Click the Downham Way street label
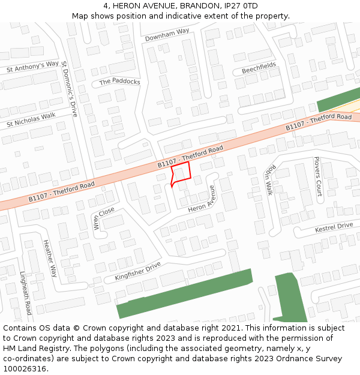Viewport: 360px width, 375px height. (x=167, y=35)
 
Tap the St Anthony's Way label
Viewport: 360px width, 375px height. (x=32, y=67)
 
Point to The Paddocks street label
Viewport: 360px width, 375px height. (x=119, y=82)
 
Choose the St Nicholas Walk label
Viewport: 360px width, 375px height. (x=31, y=119)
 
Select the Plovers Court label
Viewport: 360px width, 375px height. (x=317, y=176)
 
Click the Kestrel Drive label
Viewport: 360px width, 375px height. (x=334, y=227)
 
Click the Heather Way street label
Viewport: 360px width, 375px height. (x=50, y=259)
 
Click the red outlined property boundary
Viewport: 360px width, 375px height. (x=182, y=172)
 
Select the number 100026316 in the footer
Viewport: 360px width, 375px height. (x=25, y=368)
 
